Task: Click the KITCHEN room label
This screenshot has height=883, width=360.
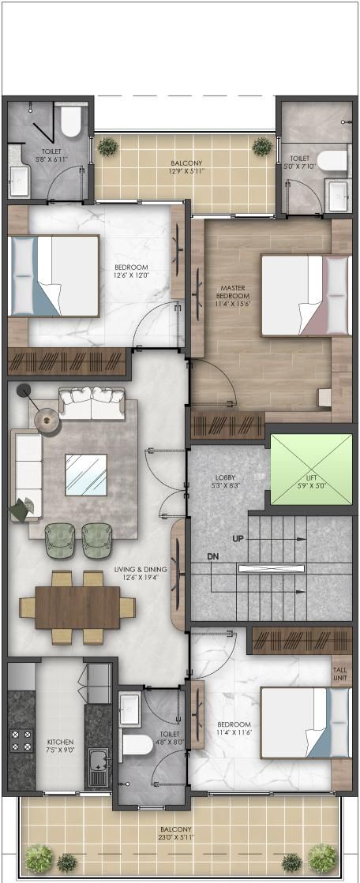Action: point(61,743)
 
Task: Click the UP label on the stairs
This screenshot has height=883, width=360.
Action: point(238,538)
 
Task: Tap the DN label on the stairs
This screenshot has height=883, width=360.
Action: point(212,557)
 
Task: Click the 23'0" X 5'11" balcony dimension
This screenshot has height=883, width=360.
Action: point(176,837)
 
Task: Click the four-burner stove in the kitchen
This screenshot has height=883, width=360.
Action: point(21,740)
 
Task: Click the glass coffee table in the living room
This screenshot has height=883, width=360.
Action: point(85,475)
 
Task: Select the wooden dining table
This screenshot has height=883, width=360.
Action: point(77,608)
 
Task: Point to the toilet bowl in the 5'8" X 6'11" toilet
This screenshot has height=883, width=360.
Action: point(71,122)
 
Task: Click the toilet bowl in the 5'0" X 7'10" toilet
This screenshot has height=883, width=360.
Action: point(332,159)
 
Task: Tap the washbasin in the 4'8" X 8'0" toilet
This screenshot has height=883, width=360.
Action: point(129,704)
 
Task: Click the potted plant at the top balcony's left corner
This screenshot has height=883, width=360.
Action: point(107,147)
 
